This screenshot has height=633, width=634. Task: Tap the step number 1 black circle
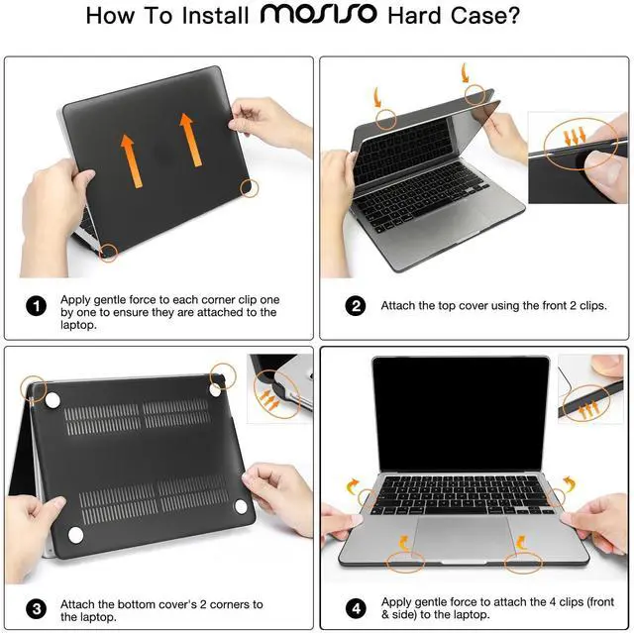[36, 306]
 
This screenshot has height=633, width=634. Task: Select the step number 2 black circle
[356, 306]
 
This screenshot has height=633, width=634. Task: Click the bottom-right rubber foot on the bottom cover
[240, 507]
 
